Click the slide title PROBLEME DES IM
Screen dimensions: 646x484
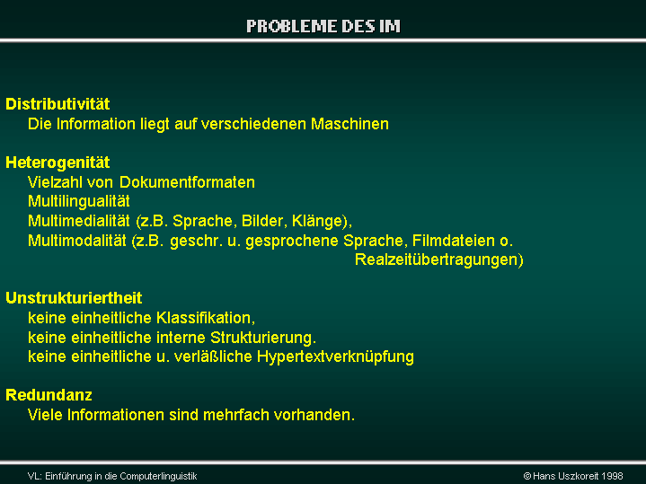coord(323,26)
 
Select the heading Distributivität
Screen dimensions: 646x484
coord(58,104)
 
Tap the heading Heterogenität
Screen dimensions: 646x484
coord(58,163)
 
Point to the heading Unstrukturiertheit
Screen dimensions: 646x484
coord(74,298)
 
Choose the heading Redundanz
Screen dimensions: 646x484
coord(49,395)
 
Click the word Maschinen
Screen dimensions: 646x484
coord(350,124)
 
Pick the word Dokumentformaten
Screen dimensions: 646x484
coord(187,182)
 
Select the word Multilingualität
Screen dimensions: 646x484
coord(79,202)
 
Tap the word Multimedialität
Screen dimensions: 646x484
coord(79,221)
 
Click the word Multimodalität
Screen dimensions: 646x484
coord(77,241)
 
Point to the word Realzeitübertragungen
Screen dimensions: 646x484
coord(438,260)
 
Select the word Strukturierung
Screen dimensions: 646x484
coord(261,338)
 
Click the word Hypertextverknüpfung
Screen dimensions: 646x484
coord(335,357)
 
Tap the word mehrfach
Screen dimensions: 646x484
coord(236,415)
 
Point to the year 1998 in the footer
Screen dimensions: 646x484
coord(612,476)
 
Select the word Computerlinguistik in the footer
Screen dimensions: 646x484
coord(158,476)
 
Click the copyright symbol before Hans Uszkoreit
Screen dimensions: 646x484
coord(527,476)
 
